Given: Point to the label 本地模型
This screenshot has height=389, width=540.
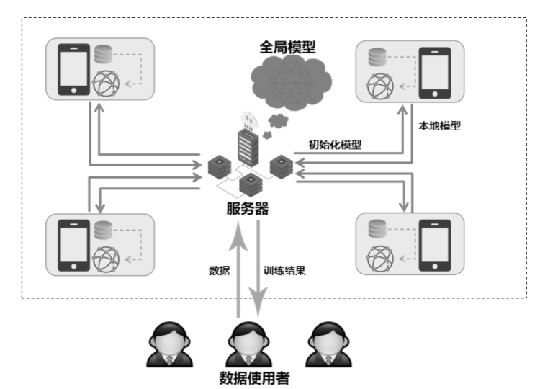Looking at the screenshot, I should pyautogui.click(x=439, y=125).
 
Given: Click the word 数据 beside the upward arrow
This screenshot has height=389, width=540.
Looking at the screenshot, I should pyautogui.click(x=219, y=271).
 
